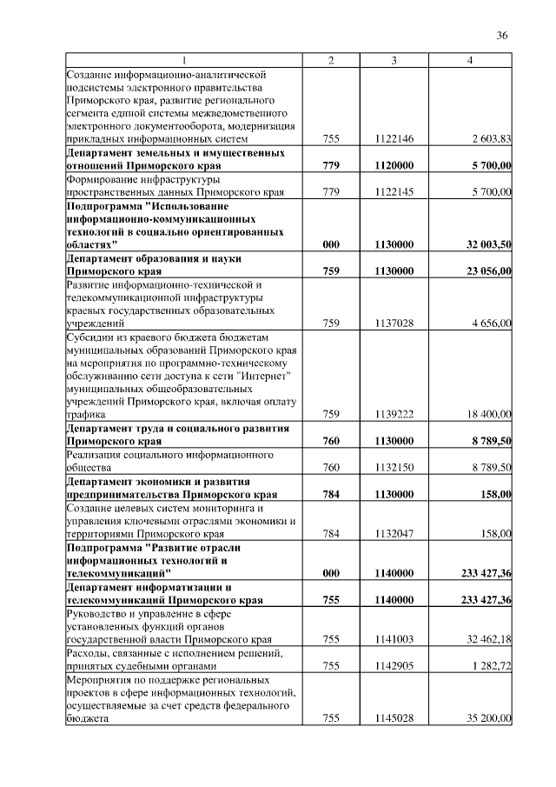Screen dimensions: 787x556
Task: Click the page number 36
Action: tap(501, 36)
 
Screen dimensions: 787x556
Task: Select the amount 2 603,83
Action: tap(491, 139)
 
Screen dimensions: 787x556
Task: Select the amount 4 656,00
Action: tap(493, 323)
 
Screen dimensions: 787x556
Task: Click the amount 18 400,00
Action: tap(490, 415)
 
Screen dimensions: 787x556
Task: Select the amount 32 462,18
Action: tap(489, 639)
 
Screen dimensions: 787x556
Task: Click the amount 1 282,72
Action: tap(492, 665)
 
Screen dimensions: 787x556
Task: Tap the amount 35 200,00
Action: tap(489, 719)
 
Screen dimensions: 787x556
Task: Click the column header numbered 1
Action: tap(183, 60)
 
